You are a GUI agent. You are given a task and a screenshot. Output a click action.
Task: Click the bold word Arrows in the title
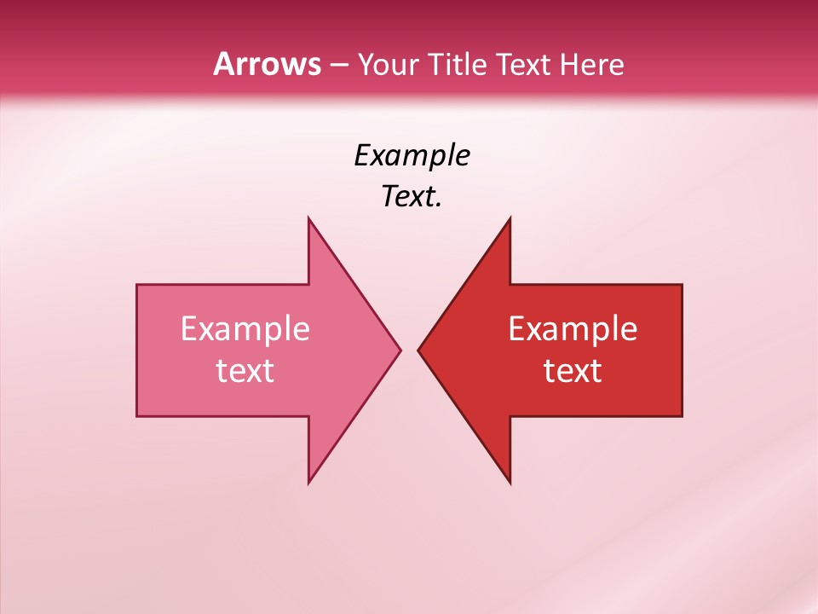point(267,64)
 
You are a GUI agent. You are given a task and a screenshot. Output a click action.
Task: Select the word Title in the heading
point(458,65)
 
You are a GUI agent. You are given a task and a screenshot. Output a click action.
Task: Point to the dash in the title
point(338,66)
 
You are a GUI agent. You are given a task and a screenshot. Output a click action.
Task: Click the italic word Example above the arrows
point(412,155)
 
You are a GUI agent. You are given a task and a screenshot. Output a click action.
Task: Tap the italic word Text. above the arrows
point(412,197)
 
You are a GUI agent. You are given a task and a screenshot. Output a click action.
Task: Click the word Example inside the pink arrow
point(245,329)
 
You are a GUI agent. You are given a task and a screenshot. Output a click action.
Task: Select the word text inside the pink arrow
point(245,371)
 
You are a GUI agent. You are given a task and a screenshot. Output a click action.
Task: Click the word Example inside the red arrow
point(573,329)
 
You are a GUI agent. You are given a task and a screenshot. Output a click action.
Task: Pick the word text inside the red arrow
point(573,371)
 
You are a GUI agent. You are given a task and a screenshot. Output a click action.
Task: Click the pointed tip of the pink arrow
point(400,350)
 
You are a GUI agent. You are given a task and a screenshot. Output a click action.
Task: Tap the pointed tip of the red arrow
point(418,350)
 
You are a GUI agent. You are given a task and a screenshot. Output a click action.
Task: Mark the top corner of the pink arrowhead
point(308,217)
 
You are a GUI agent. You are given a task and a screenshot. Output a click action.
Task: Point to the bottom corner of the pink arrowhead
point(308,483)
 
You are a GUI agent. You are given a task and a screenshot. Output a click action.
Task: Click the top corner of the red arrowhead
point(510,217)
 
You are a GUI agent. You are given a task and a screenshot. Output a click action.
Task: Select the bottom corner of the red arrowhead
point(510,483)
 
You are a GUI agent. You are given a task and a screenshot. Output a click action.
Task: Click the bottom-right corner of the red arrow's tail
point(682,416)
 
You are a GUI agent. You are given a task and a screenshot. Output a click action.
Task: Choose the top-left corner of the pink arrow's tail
point(137,285)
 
